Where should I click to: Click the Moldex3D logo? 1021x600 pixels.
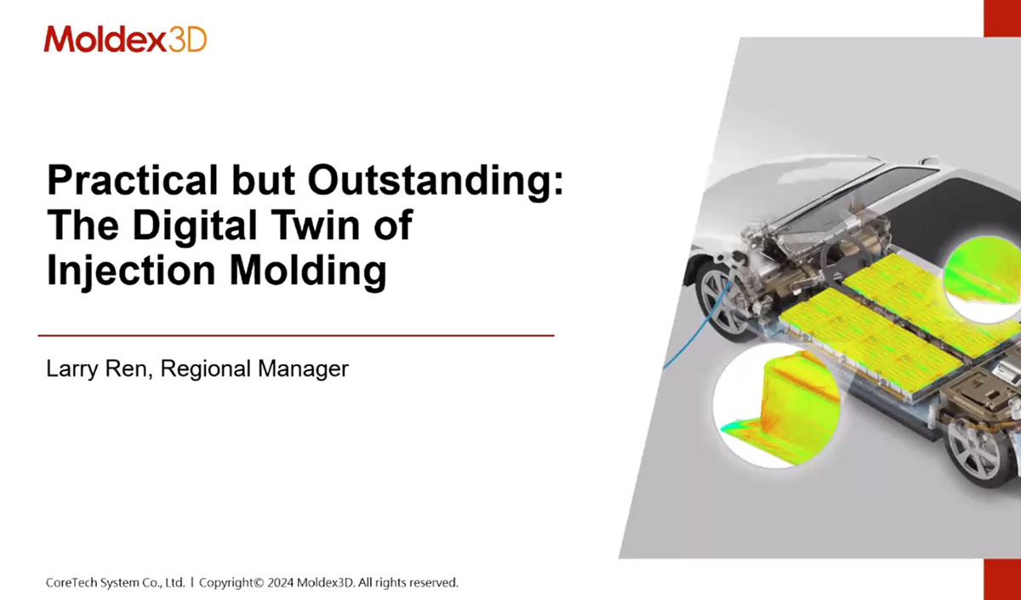tap(125, 39)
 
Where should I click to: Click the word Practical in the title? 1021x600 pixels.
tap(133, 180)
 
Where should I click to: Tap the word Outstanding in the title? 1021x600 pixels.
tap(436, 180)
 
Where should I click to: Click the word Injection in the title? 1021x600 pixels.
tap(131, 271)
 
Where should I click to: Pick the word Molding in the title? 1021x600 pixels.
tap(308, 271)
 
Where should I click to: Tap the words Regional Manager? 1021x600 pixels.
tap(254, 369)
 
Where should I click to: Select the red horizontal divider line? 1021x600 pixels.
tap(296, 335)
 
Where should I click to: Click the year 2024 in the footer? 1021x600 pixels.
tap(280, 583)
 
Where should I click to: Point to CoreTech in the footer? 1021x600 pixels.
tap(71, 583)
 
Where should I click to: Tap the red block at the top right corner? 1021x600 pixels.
tap(1002, 18)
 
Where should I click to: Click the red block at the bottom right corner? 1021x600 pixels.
tap(1002, 580)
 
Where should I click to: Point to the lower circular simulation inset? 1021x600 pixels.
tap(776, 406)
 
